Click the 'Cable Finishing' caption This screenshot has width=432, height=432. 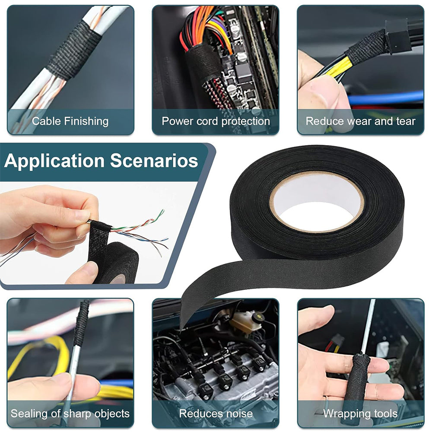(70, 121)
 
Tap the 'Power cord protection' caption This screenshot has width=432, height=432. (216, 121)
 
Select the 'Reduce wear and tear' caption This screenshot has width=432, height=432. (360, 121)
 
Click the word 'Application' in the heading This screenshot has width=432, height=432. (54, 161)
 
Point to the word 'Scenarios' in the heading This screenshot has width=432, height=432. (154, 161)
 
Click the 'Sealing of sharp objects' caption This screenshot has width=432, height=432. (70, 413)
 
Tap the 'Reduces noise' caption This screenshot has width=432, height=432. (216, 413)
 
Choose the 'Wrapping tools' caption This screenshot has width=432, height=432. (360, 413)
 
